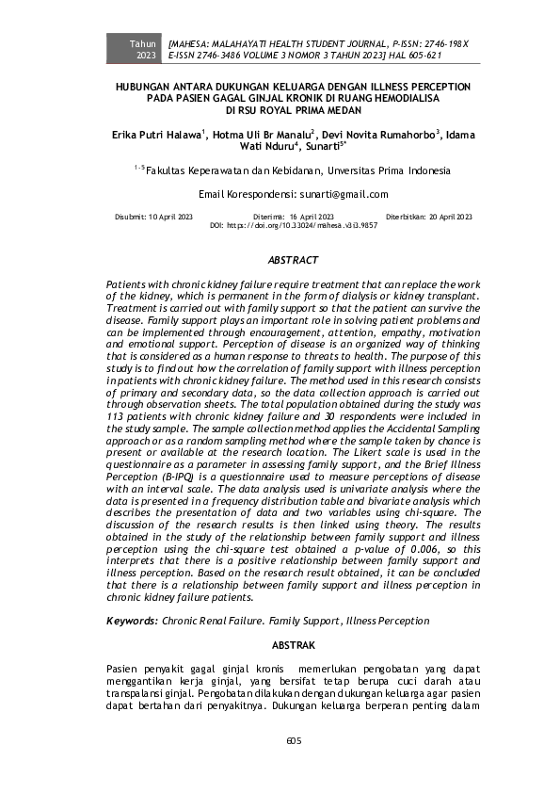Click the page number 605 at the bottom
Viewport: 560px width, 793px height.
[293, 740]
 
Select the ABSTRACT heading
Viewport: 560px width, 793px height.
[293, 259]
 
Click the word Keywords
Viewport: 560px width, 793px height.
[131, 621]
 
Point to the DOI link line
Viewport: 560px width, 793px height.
[293, 226]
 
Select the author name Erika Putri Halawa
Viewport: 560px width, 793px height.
[154, 135]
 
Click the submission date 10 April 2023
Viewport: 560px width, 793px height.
[167, 217]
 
